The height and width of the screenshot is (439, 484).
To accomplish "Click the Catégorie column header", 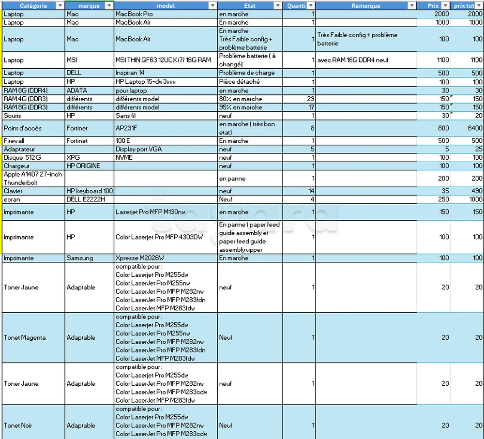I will [33, 6].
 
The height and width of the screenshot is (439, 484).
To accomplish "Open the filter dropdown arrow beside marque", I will [109, 6].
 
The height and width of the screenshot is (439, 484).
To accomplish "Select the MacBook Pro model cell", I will [134, 14].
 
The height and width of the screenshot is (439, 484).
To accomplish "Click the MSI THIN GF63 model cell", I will [163, 60].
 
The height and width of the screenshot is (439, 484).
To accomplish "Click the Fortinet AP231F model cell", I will [126, 128].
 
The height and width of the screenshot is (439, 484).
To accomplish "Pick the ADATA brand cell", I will [76, 91].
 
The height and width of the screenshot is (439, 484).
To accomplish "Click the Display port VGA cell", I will [138, 149].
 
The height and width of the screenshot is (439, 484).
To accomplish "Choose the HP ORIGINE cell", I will [83, 166].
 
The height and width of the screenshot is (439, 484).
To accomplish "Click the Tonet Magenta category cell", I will [25, 337].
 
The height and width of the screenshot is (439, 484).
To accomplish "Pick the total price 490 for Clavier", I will [476, 191].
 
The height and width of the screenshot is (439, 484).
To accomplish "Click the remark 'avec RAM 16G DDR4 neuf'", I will [353, 60].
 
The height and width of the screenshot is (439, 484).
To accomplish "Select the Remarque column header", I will [365, 6].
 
